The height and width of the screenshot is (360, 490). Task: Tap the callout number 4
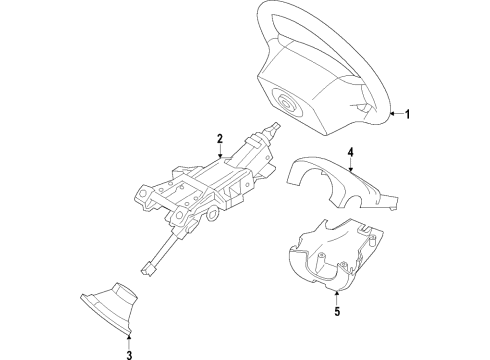[x=351, y=153]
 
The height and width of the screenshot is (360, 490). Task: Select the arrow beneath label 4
[x=351, y=170]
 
